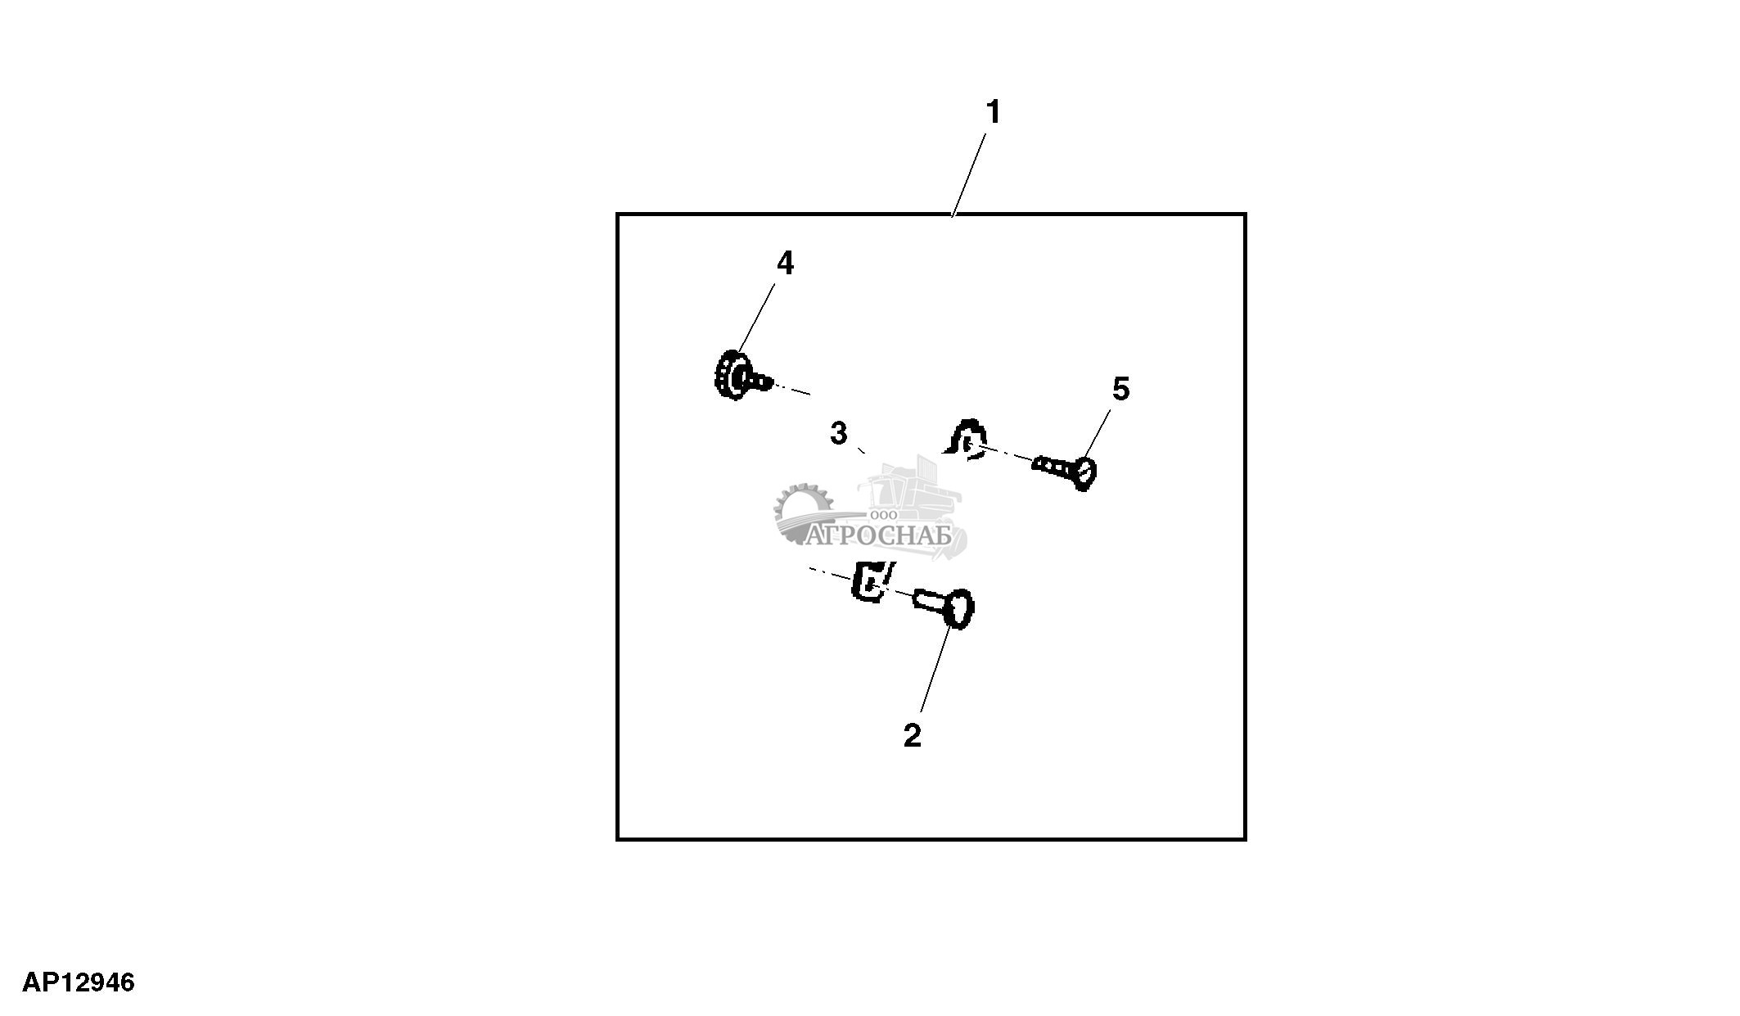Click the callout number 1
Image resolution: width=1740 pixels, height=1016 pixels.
coord(993,112)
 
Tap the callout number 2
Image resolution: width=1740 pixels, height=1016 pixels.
coord(912,735)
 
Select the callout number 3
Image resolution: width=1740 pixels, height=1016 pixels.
coord(838,433)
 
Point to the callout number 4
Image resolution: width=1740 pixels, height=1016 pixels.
coord(785,263)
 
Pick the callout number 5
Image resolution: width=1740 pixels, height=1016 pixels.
coord(1120,389)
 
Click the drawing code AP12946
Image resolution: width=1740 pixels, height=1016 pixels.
coord(79,982)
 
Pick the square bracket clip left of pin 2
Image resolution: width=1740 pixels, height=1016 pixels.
coord(872,582)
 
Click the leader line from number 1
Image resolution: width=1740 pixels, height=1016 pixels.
coord(968,174)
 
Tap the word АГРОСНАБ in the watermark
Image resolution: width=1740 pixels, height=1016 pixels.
coord(880,536)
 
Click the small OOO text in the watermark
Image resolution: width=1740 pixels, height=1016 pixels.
coord(885,515)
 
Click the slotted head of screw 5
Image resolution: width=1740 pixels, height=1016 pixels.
coord(1085,473)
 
